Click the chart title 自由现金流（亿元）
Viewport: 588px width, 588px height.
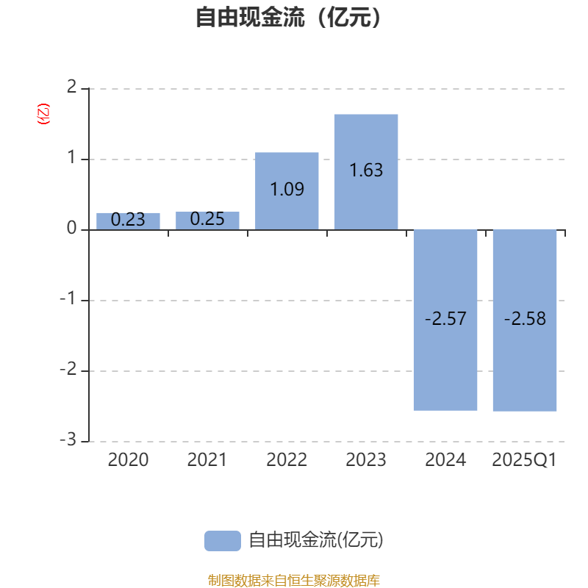click(289, 17)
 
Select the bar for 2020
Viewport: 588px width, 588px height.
click(128, 221)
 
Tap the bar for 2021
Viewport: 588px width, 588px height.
click(207, 220)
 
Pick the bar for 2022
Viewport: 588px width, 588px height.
click(287, 191)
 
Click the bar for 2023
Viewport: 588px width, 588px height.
click(366, 172)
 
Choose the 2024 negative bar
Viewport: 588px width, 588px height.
click(445, 320)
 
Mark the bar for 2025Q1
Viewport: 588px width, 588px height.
click(525, 320)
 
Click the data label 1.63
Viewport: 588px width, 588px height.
click(366, 171)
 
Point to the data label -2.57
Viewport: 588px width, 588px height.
click(445, 319)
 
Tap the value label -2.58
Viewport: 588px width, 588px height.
click(525, 319)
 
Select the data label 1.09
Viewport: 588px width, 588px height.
click(287, 189)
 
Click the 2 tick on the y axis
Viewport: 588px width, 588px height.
click(71, 87)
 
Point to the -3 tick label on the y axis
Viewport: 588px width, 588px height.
click(68, 440)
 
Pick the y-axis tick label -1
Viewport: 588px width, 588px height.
click(68, 298)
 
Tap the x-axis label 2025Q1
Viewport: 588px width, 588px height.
click(524, 460)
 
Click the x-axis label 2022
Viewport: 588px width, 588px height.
click(287, 460)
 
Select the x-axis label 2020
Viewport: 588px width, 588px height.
click(128, 460)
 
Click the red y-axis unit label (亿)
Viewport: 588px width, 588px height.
click(43, 114)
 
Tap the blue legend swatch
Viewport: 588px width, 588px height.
click(223, 541)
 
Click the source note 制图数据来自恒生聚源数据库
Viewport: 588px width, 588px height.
click(293, 580)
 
